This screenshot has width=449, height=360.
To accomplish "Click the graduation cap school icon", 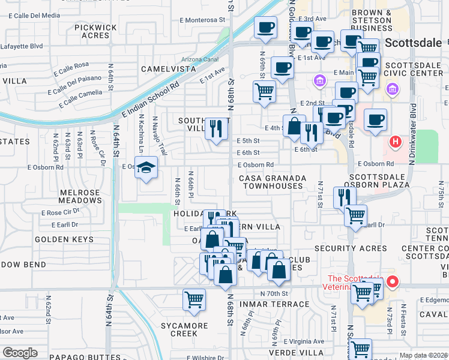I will click(x=146, y=169).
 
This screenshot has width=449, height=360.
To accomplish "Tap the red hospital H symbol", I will click(x=395, y=142).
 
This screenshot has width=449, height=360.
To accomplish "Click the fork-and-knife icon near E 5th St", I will click(x=215, y=128).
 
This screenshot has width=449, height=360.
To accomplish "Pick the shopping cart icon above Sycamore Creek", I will click(x=194, y=299).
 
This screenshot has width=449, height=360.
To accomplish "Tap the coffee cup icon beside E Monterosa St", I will click(x=265, y=27).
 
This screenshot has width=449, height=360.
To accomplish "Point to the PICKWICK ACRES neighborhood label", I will click(x=95, y=31).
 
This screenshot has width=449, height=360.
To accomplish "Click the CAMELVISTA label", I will click(x=169, y=69).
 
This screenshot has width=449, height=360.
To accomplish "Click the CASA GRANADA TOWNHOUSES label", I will click(x=272, y=182).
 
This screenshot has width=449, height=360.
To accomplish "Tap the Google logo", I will click(x=20, y=353).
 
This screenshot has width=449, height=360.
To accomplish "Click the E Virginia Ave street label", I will click(x=303, y=341).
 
